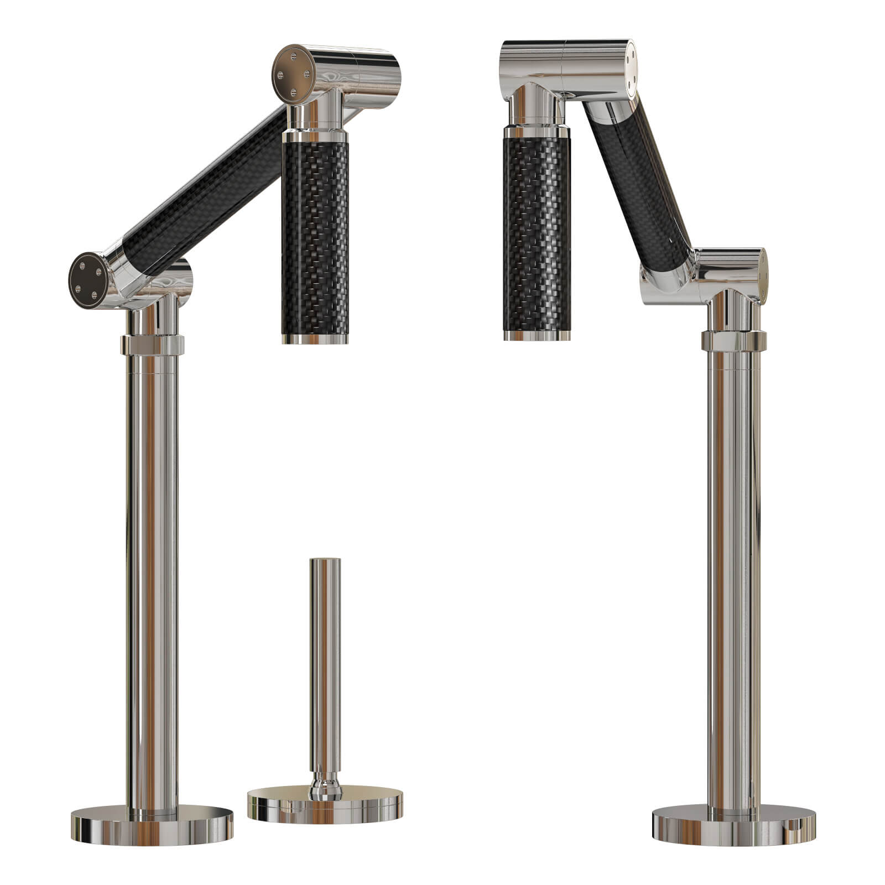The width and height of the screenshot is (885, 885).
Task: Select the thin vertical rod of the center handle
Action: [x=325, y=664]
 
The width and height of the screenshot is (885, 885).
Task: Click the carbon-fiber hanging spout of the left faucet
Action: [x=315, y=238]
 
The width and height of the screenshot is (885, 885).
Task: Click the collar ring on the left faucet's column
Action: [x=152, y=343]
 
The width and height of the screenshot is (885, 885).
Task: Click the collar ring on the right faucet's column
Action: [x=733, y=340]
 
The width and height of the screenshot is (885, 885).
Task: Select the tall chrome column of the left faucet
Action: [x=152, y=581]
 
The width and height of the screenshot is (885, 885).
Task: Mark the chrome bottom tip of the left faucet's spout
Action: [x=315, y=338]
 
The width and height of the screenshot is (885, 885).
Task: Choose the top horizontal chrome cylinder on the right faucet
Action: [x=570, y=61]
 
